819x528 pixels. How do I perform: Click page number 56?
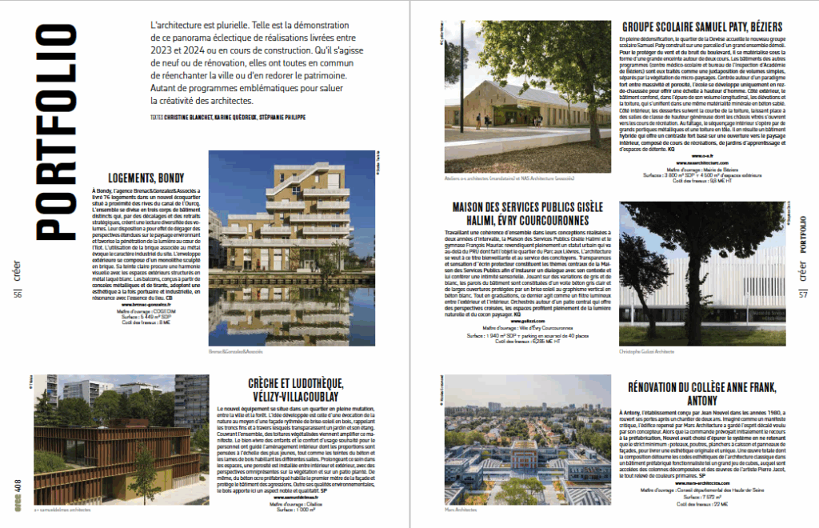tap(17, 294)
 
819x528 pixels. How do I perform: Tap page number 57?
tap(803, 294)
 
